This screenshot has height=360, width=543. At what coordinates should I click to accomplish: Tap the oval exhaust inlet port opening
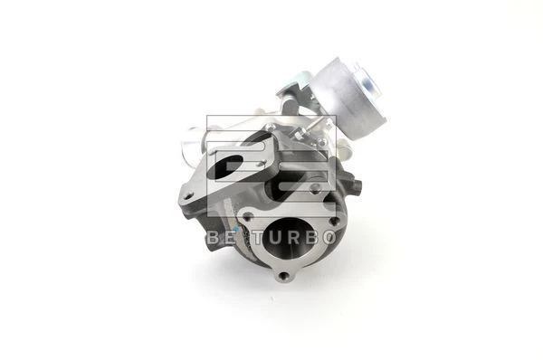point(229,166)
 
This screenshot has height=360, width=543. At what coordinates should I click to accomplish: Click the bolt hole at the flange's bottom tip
point(285,276)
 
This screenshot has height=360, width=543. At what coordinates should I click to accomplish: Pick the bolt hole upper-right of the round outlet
point(333,221)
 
